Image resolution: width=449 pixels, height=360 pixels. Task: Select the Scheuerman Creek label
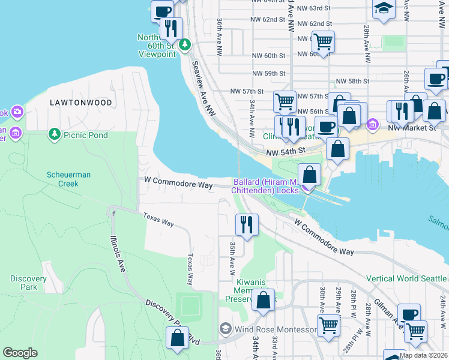[69, 179]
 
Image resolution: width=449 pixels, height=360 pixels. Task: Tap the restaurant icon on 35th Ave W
[247, 224]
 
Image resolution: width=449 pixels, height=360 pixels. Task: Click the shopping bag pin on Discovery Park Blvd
[178, 338]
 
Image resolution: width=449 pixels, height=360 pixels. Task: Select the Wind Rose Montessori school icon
[225, 328]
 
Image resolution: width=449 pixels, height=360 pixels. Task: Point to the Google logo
[20, 353]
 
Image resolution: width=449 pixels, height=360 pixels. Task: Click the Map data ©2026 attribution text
[423, 355]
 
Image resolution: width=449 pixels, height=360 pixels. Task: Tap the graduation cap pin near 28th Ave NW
[384, 9]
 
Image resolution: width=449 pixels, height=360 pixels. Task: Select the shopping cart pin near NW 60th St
[323, 41]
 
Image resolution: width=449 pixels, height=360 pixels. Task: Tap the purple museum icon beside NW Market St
[373, 125]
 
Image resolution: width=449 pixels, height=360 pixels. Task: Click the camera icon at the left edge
[17, 112]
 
